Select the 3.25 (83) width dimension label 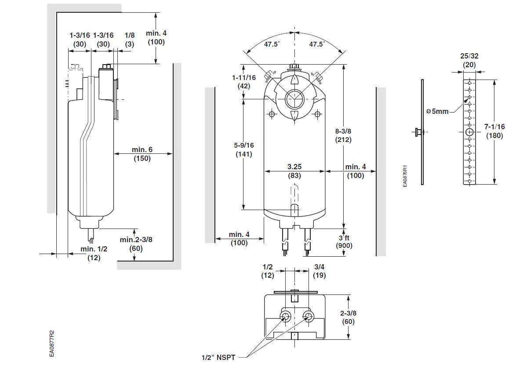point(294,171)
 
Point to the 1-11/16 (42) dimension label point(244,82)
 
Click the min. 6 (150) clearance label point(142,154)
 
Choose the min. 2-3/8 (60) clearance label point(136,244)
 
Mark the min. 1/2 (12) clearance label point(93,253)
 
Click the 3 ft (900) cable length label point(344,241)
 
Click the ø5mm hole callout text point(437,112)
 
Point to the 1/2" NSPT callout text point(218,357)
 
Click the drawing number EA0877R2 point(52,343)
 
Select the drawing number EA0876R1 point(406,176)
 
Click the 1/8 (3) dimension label point(130,40)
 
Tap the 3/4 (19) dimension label point(320,271)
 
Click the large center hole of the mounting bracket point(470,132)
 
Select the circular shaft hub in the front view point(293,98)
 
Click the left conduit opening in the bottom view point(286,316)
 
